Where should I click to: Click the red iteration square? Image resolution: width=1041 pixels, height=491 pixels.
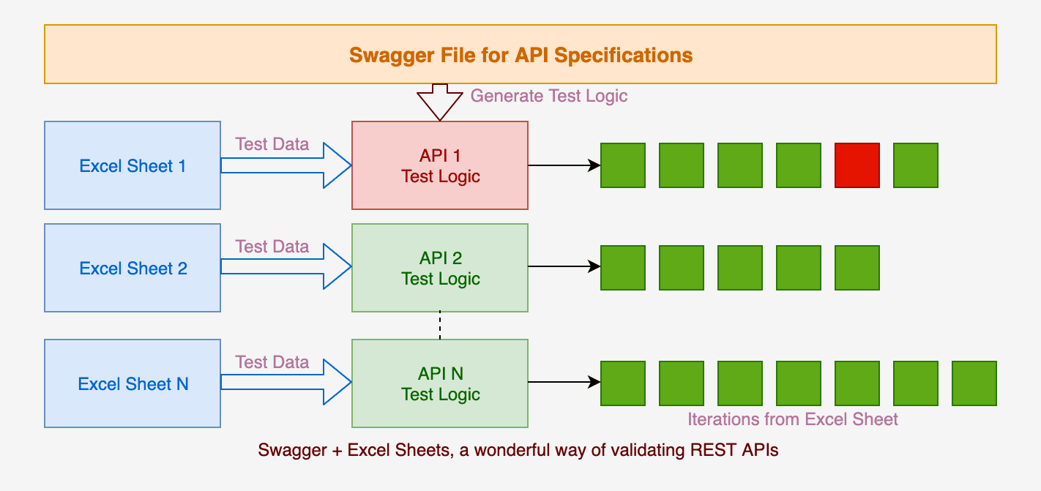pyautogui.click(x=857, y=165)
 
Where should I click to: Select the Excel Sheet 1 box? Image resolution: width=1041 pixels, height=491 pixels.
pyautogui.click(x=133, y=165)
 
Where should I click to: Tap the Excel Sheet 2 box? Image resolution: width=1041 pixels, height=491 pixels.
pyautogui.click(x=133, y=268)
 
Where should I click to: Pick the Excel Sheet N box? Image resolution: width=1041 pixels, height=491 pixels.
pyautogui.click(x=133, y=383)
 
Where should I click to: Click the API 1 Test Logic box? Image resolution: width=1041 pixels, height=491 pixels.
pyautogui.click(x=440, y=165)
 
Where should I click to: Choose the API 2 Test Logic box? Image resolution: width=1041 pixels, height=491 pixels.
pyautogui.click(x=440, y=268)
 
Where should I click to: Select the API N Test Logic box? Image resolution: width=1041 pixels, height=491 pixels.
pyautogui.click(x=440, y=383)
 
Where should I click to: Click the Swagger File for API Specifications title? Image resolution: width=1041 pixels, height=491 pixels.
pyautogui.click(x=521, y=55)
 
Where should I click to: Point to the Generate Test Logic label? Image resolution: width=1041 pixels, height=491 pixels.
pyautogui.click(x=549, y=96)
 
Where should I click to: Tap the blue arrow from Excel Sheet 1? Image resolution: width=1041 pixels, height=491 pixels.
pyautogui.click(x=286, y=165)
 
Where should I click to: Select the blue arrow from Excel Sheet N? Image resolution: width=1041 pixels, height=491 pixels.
pyautogui.click(x=286, y=382)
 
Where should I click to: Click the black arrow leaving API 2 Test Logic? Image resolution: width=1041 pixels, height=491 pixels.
pyautogui.click(x=564, y=266)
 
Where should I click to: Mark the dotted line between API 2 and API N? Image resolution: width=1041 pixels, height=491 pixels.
pyautogui.click(x=440, y=326)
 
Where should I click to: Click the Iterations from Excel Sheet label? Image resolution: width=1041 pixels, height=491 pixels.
pyautogui.click(x=793, y=419)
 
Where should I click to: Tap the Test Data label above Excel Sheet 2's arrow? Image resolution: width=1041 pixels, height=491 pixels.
pyautogui.click(x=272, y=246)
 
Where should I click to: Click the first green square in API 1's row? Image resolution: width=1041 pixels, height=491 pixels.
pyautogui.click(x=623, y=165)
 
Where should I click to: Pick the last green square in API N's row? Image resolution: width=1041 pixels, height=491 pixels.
pyautogui.click(x=974, y=383)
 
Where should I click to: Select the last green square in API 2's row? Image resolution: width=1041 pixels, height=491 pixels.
pyautogui.click(x=857, y=268)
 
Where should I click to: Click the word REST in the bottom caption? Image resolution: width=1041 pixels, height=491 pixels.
pyautogui.click(x=713, y=450)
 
